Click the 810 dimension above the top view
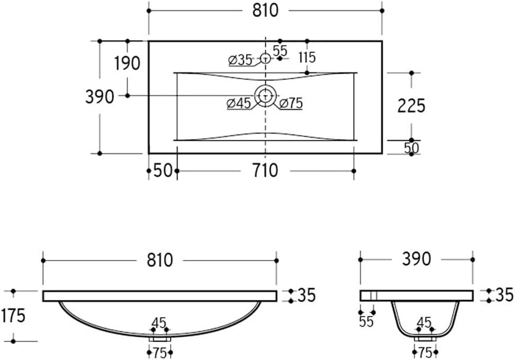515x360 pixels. (x=265, y=11)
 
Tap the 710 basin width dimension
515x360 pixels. (x=265, y=170)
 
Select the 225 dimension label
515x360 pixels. (x=411, y=106)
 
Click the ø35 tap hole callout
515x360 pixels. (x=241, y=60)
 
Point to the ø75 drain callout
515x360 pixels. (x=291, y=103)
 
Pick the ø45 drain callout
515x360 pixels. (x=239, y=103)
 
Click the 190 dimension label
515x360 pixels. (x=127, y=64)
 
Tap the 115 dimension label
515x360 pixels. (x=307, y=58)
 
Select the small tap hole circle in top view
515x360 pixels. (x=265, y=58)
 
